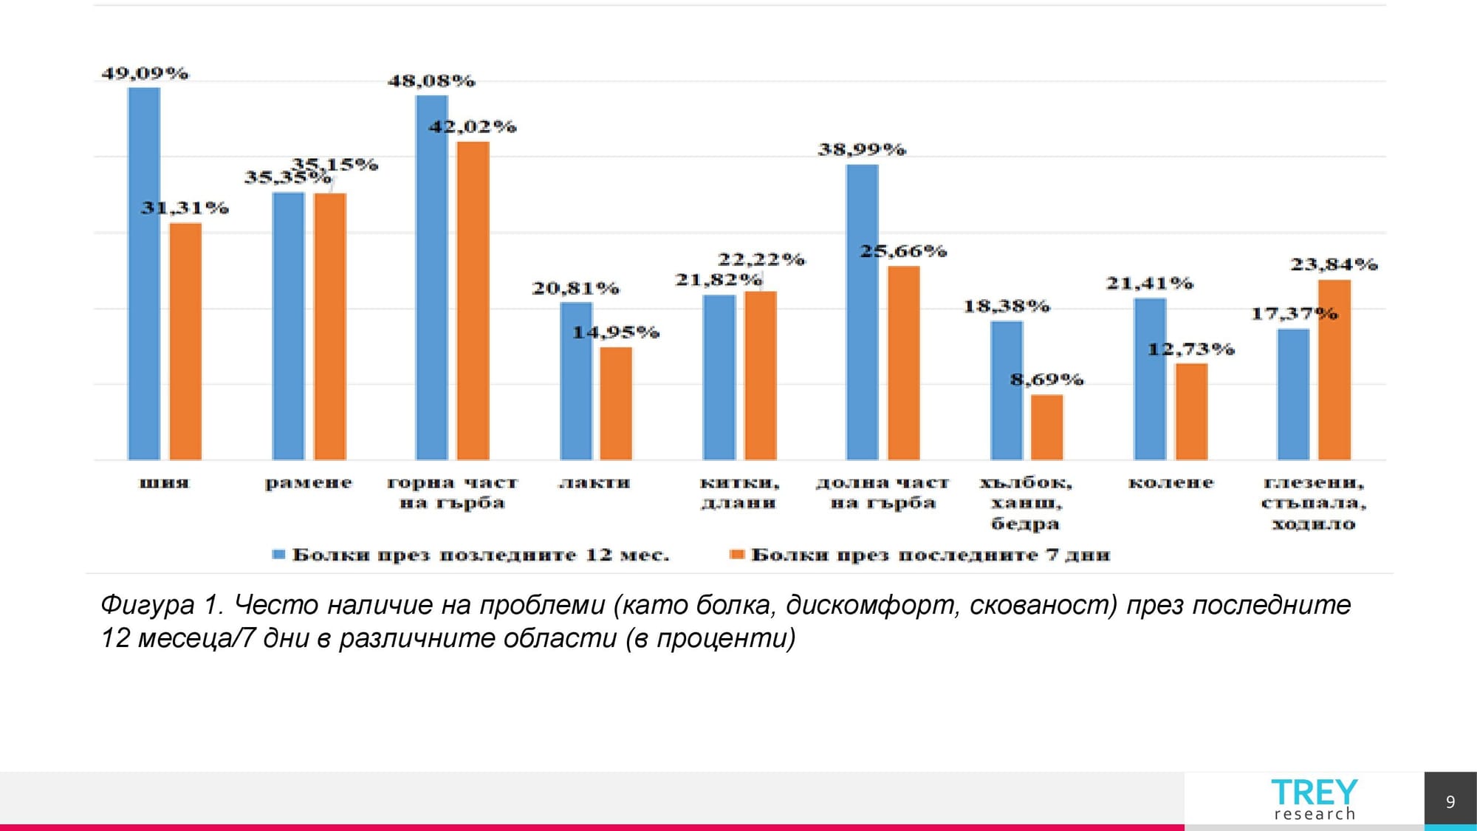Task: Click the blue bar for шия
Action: (x=144, y=273)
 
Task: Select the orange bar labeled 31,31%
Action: (x=185, y=341)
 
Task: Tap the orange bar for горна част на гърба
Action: (x=473, y=301)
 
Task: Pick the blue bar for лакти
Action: (x=576, y=380)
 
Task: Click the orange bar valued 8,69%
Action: (x=1046, y=427)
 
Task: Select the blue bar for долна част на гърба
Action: (x=862, y=312)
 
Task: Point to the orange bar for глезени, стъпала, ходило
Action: (x=1334, y=369)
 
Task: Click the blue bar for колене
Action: (x=1150, y=379)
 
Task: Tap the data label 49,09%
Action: (x=145, y=73)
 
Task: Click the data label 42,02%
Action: (x=473, y=126)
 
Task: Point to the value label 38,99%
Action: (x=862, y=149)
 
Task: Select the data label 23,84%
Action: (x=1334, y=264)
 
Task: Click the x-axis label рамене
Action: (x=309, y=483)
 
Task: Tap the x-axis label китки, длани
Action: (x=739, y=493)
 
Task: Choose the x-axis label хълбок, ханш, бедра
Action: (x=1026, y=503)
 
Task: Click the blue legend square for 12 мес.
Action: (x=278, y=555)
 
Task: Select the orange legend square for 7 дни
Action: (x=736, y=555)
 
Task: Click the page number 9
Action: (x=1450, y=802)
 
